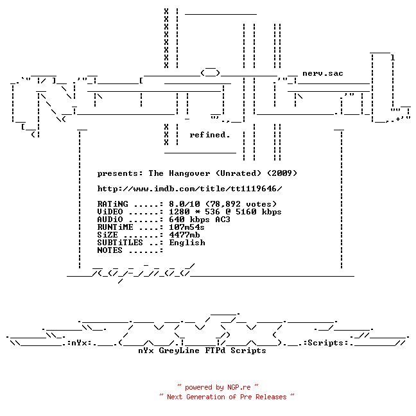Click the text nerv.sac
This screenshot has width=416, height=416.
(x=323, y=73)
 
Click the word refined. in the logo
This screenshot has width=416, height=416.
(x=209, y=135)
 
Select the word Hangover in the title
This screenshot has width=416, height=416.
(x=189, y=173)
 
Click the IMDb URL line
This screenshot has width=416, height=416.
(x=189, y=189)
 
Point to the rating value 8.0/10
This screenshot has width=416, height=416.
(x=184, y=204)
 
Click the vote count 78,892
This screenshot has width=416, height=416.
(x=225, y=204)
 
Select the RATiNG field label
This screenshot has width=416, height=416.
(x=112, y=204)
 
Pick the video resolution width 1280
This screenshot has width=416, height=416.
(x=179, y=212)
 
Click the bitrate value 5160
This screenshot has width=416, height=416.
(x=246, y=212)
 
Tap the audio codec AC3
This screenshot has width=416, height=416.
(x=223, y=220)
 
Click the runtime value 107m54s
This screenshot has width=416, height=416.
(x=187, y=227)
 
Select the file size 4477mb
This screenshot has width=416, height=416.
(x=184, y=235)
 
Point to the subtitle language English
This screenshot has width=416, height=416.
(x=187, y=243)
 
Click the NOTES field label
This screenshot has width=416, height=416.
(x=110, y=250)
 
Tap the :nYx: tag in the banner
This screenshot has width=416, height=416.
(x=80, y=343)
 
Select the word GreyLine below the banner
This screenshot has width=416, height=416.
(x=179, y=351)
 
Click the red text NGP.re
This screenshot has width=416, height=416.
(x=239, y=387)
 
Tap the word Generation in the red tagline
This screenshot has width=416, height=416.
(x=205, y=397)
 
